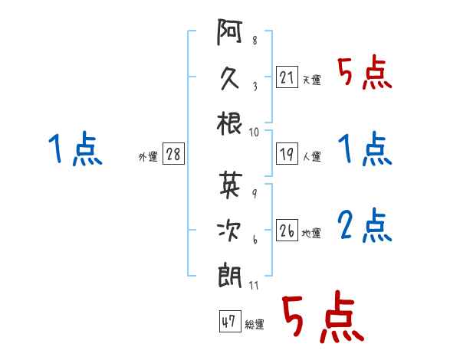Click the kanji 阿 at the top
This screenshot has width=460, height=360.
click(229, 32)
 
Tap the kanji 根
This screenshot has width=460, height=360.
click(229, 123)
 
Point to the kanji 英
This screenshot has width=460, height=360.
click(231, 185)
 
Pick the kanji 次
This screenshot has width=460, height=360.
click(229, 231)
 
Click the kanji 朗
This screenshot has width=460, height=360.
click(229, 277)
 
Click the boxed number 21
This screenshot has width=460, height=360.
click(287, 77)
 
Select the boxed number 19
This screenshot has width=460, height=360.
click(287, 153)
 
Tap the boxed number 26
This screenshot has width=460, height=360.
click(287, 230)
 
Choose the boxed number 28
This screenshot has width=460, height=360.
click(173, 153)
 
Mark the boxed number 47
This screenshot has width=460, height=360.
click(230, 321)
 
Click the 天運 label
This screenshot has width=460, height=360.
click(312, 80)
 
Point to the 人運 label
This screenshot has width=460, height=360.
click(312, 156)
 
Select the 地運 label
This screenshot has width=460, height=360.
click(311, 234)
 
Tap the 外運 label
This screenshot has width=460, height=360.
click(148, 157)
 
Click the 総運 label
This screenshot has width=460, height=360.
click(255, 325)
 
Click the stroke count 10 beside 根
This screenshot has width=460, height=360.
click(254, 133)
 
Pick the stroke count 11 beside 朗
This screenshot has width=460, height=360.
click(254, 286)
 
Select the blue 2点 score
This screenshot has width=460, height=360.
click(364, 225)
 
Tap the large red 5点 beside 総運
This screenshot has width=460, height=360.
click(323, 316)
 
